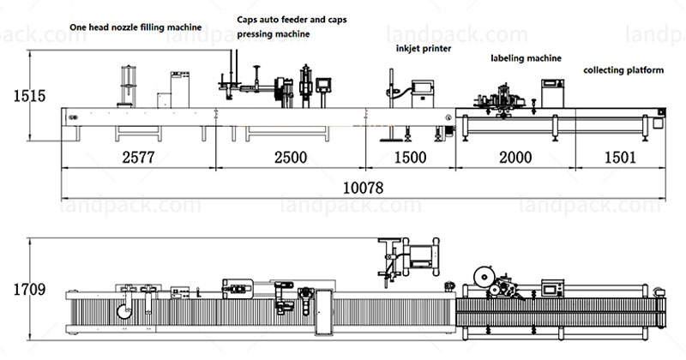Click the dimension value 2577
137,158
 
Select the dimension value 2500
290,158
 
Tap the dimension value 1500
410,158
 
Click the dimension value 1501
617,158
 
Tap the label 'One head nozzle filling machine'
136,27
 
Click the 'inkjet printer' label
423,49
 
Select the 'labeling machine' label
526,58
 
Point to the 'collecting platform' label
623,70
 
